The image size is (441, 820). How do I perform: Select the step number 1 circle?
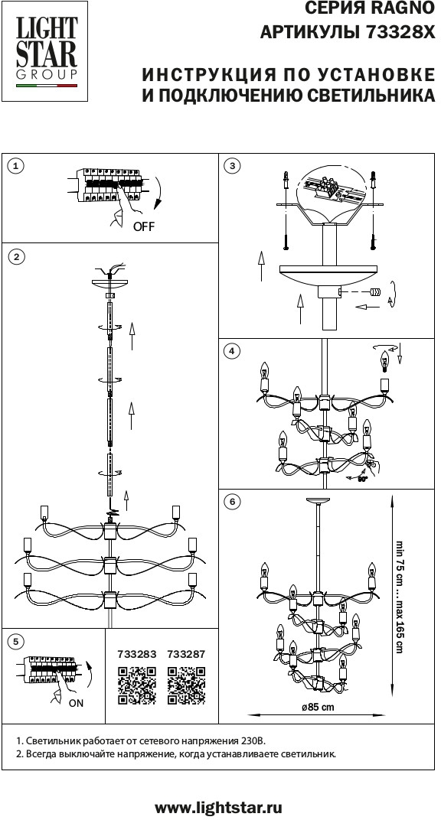point(16,166)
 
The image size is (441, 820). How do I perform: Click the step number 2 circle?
point(16,257)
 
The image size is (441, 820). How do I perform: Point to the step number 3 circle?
point(232,166)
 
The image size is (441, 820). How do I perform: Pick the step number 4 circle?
point(232,351)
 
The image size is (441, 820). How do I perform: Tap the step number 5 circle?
point(16,642)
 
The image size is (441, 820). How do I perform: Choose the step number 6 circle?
point(232,502)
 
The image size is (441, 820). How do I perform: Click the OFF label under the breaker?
point(144,227)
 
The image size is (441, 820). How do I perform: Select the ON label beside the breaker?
point(76,704)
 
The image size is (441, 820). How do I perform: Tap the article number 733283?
point(137,654)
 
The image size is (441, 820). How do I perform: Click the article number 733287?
point(186,654)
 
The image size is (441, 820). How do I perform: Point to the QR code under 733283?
point(137,685)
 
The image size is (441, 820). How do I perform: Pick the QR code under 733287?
point(186,685)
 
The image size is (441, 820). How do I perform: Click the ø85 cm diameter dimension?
point(318,708)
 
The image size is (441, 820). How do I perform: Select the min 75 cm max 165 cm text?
point(400,597)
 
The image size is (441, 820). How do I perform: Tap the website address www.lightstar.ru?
point(219,808)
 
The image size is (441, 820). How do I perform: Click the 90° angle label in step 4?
point(363,478)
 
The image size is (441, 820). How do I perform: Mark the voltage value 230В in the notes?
point(254,741)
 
